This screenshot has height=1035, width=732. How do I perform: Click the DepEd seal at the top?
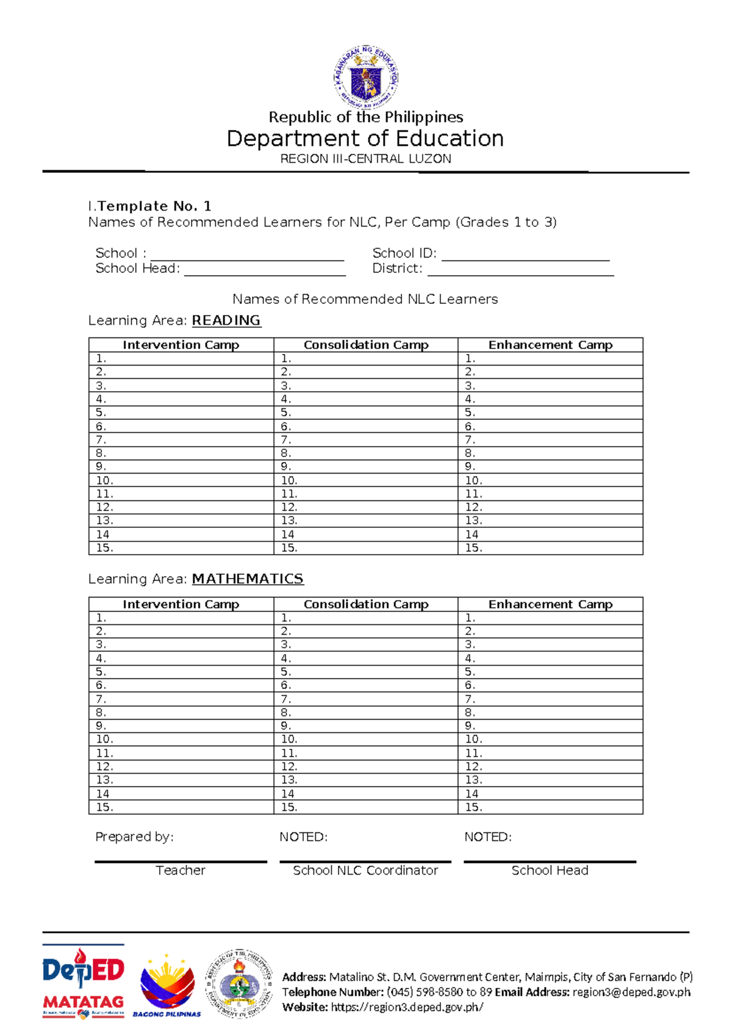coord(366,76)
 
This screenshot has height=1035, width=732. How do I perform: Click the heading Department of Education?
coord(365,139)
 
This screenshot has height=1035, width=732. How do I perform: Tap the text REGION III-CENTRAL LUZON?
coord(365,159)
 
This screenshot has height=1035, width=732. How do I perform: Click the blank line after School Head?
coord(265,273)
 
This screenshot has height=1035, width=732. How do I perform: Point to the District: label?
coord(397,269)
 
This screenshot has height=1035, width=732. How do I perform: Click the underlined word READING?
coord(226,320)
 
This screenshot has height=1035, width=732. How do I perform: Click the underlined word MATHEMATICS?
coord(248,579)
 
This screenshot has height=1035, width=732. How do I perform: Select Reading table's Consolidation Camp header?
coord(366,345)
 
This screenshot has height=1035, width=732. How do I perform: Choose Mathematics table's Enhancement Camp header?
coord(550,604)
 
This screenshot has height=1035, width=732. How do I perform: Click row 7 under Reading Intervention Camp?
coord(181,439)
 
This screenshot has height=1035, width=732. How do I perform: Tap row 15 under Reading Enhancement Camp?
coord(550,548)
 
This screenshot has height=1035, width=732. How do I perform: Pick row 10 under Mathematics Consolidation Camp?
coord(366,739)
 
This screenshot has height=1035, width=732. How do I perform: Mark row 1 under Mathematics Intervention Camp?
coord(181,618)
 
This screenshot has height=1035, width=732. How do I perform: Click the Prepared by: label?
coord(134,837)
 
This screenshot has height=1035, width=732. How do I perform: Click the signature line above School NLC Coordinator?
coord(365,861)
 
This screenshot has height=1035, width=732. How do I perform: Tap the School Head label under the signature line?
coord(550,870)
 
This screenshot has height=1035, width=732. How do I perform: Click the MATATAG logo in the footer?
coord(83,1003)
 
